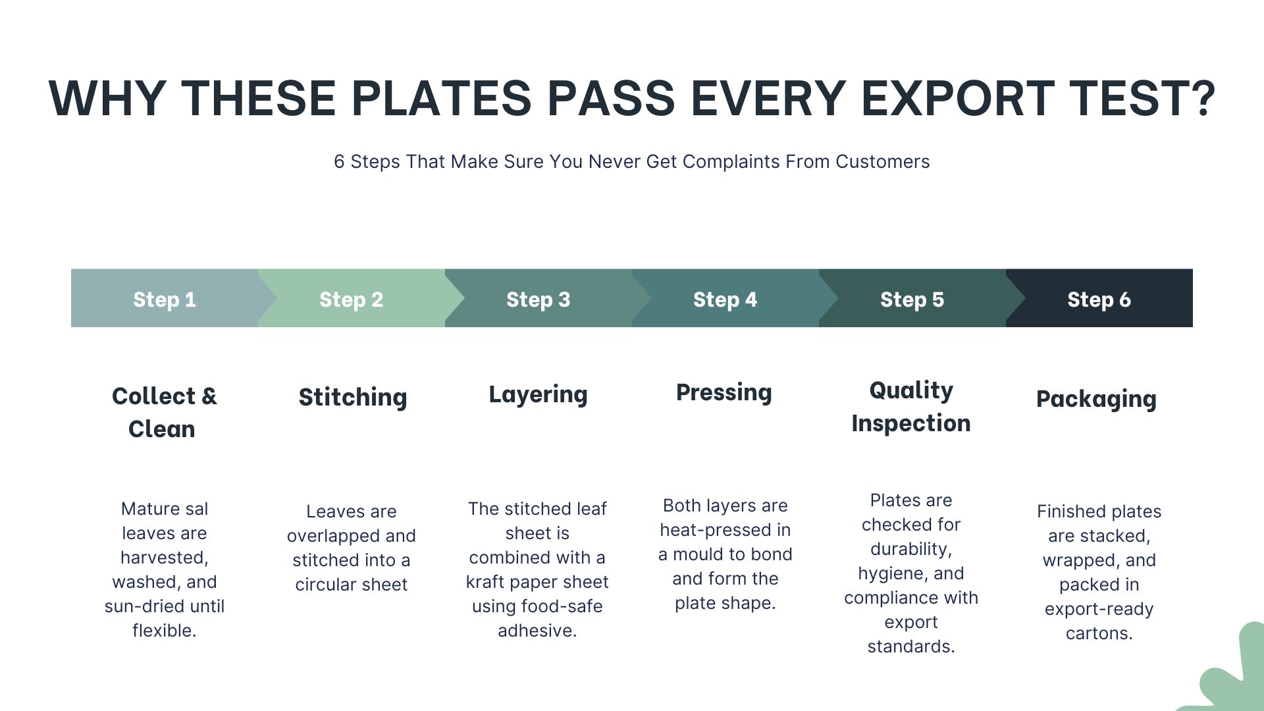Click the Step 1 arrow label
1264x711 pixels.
tap(165, 300)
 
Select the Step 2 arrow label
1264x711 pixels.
tap(351, 300)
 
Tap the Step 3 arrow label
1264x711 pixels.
tap(538, 300)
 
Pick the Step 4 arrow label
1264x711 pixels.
tap(725, 300)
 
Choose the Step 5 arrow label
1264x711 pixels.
tap(912, 300)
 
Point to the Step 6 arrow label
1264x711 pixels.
tap(1099, 300)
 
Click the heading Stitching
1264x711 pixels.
tap(353, 398)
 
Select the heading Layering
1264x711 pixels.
tap(538, 395)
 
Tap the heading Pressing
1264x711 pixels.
tap(724, 392)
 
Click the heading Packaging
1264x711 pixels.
tap(1096, 399)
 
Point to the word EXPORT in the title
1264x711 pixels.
tap(957, 99)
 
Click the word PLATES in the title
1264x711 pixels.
tap(441, 99)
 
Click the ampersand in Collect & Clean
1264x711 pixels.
tap(209, 396)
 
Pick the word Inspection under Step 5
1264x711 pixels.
tap(911, 423)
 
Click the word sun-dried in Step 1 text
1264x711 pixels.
tap(136, 606)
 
